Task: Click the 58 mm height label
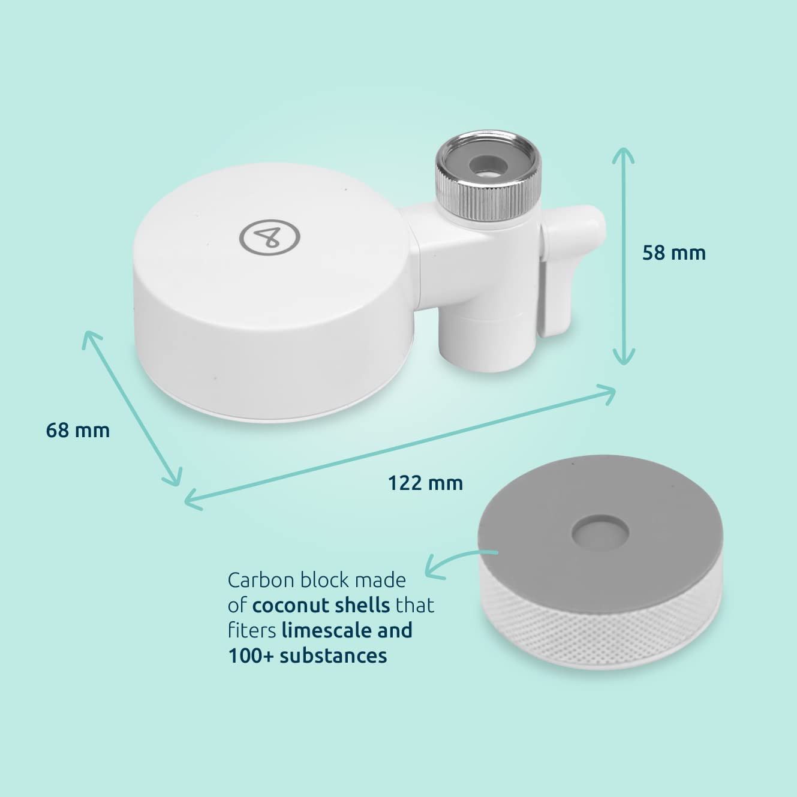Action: (673, 252)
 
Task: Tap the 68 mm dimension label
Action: (78, 430)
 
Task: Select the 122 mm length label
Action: (426, 483)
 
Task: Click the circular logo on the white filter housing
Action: (270, 237)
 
